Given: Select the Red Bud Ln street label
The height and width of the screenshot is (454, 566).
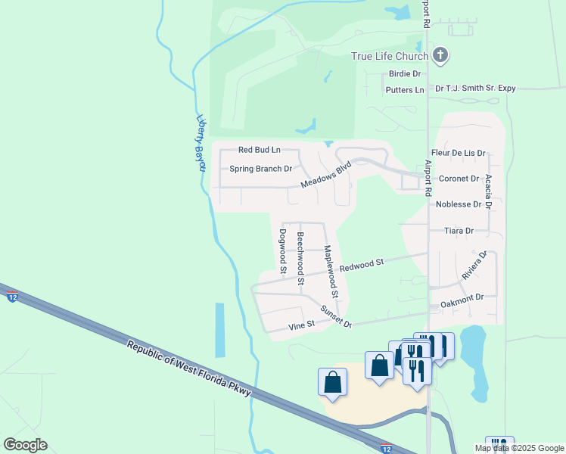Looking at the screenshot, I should pos(259,151).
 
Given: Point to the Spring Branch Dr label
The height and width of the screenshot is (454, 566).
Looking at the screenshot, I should pos(260,169).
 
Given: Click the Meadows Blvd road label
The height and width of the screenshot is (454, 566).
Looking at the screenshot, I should pos(326,175).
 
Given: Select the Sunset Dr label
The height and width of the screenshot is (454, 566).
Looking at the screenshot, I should pos(336,316).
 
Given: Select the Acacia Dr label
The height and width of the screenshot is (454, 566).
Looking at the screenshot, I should pos(489,191).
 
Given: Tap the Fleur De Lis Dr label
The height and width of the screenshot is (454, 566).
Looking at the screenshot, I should pos(458,153).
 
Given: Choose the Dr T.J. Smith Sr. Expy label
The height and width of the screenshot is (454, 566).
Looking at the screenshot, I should pos(475,89).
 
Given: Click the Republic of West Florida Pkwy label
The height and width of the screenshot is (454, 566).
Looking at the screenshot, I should pos(188,368).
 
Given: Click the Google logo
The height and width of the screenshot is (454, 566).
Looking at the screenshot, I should pos(25,445).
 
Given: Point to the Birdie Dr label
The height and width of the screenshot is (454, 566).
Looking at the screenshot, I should pos(404,73).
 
